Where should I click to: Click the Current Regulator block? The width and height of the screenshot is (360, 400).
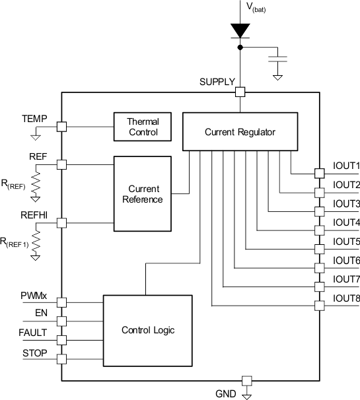pyautogui.click(x=240, y=132)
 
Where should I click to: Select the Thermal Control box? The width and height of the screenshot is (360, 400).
pyautogui.click(x=143, y=127)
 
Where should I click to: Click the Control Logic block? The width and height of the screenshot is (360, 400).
pyautogui.click(x=147, y=329)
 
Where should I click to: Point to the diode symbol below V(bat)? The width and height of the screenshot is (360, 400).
pyautogui.click(x=240, y=30)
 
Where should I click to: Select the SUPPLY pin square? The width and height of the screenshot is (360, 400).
pyautogui.click(x=240, y=92)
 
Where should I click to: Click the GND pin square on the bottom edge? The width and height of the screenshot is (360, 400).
pyautogui.click(x=246, y=380)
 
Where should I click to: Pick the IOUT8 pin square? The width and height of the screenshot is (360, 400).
pyautogui.click(x=319, y=306)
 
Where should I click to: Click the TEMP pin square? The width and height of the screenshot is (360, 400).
pyautogui.click(x=61, y=127)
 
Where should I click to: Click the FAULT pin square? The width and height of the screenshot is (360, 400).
pyautogui.click(x=61, y=340)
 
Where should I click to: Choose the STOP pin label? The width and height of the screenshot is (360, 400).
pyautogui.click(x=35, y=353)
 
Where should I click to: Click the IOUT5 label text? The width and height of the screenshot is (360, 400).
pyautogui.click(x=346, y=241)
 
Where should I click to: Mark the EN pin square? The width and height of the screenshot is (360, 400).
pyautogui.click(x=61, y=321)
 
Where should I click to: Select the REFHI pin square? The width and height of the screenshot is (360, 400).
pyautogui.click(x=61, y=223)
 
